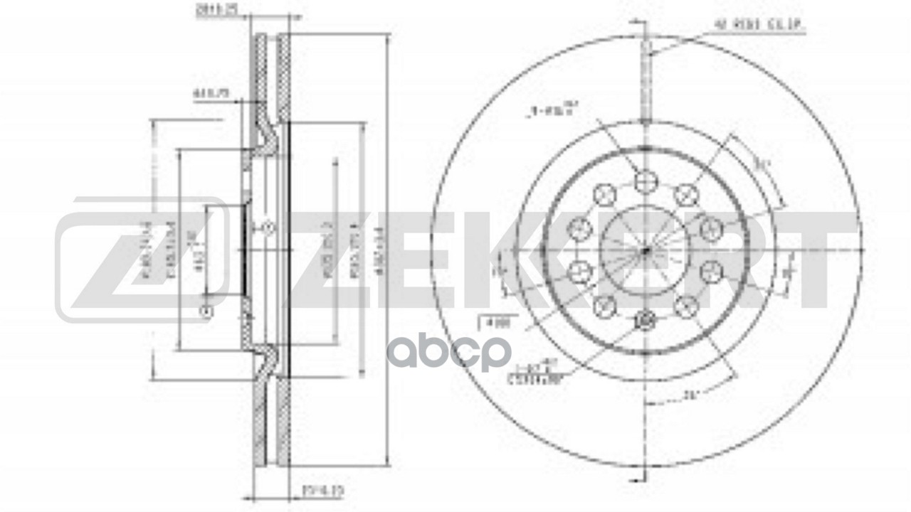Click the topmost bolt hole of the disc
[644, 182]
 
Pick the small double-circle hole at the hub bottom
[644, 321]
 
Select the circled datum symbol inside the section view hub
[268, 228]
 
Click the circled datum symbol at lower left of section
[207, 311]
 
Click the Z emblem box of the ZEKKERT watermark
[142, 260]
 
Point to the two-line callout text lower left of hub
[534, 374]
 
